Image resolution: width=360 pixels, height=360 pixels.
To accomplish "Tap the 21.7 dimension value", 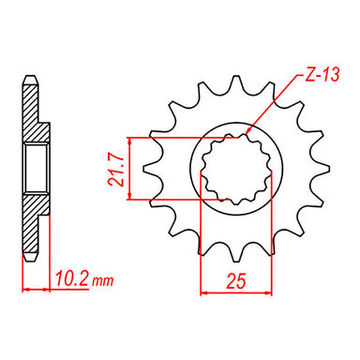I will pos(114,168).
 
